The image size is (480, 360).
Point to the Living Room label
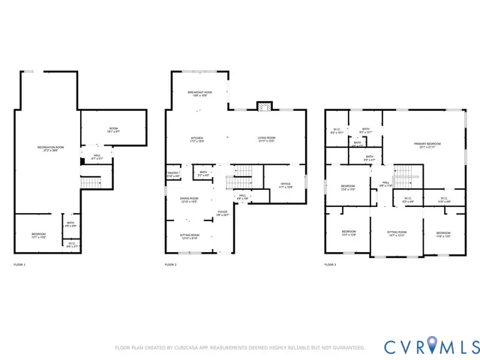pyautogui.click(x=267, y=139)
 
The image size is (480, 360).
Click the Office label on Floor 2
pyautogui.click(x=286, y=184)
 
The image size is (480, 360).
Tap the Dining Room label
pyautogui.click(x=189, y=199)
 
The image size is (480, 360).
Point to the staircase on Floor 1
pyautogui.click(x=91, y=183)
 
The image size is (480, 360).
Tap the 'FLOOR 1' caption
pyautogui.click(x=19, y=265)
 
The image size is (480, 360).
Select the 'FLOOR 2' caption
pyautogui.click(x=171, y=265)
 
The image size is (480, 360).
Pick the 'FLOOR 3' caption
pyautogui.click(x=331, y=265)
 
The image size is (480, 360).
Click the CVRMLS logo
pyautogui.click(x=431, y=346)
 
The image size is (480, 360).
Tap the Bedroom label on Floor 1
pyautogui.click(x=39, y=235)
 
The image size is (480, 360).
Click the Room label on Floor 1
pyautogui.click(x=113, y=129)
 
